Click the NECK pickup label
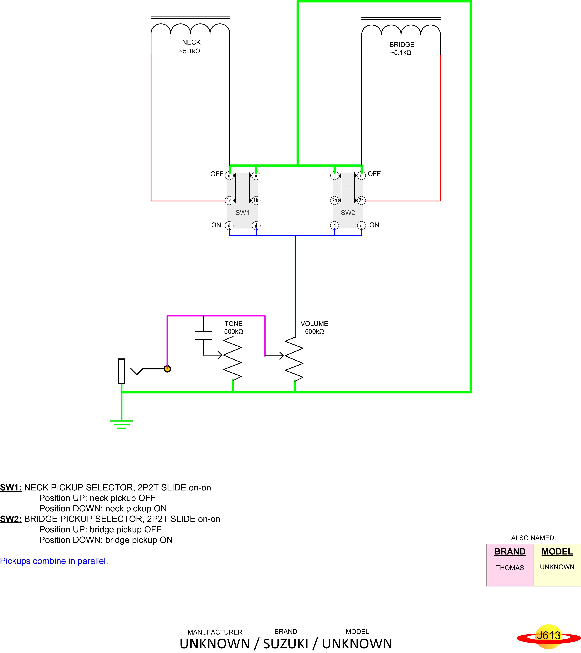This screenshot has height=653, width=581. (191, 42)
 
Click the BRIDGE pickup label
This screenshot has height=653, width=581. (402, 44)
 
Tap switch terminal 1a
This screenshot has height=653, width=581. (229, 200)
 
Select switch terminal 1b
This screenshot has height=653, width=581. (256, 200)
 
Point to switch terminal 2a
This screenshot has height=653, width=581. (334, 200)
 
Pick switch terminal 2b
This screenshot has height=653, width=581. (361, 200)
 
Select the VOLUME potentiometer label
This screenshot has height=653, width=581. (314, 324)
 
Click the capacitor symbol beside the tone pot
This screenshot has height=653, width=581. (203, 335)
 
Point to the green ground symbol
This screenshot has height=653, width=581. (121, 424)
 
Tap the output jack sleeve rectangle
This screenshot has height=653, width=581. (121, 371)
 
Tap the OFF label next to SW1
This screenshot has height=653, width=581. (217, 174)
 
